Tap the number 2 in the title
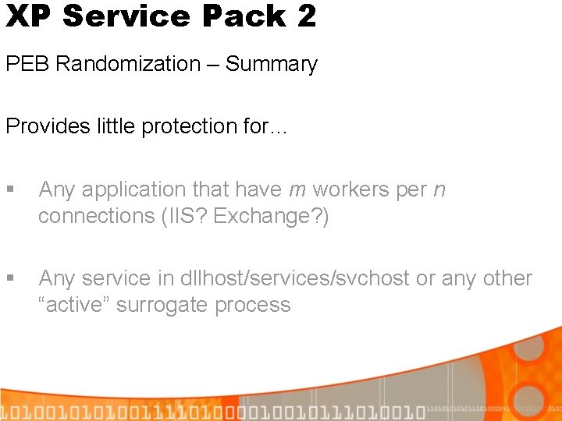[306, 16]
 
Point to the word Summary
[272, 64]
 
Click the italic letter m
[297, 189]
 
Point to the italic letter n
[439, 189]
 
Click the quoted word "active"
[76, 305]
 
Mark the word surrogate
[171, 305]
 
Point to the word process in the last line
[254, 305]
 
